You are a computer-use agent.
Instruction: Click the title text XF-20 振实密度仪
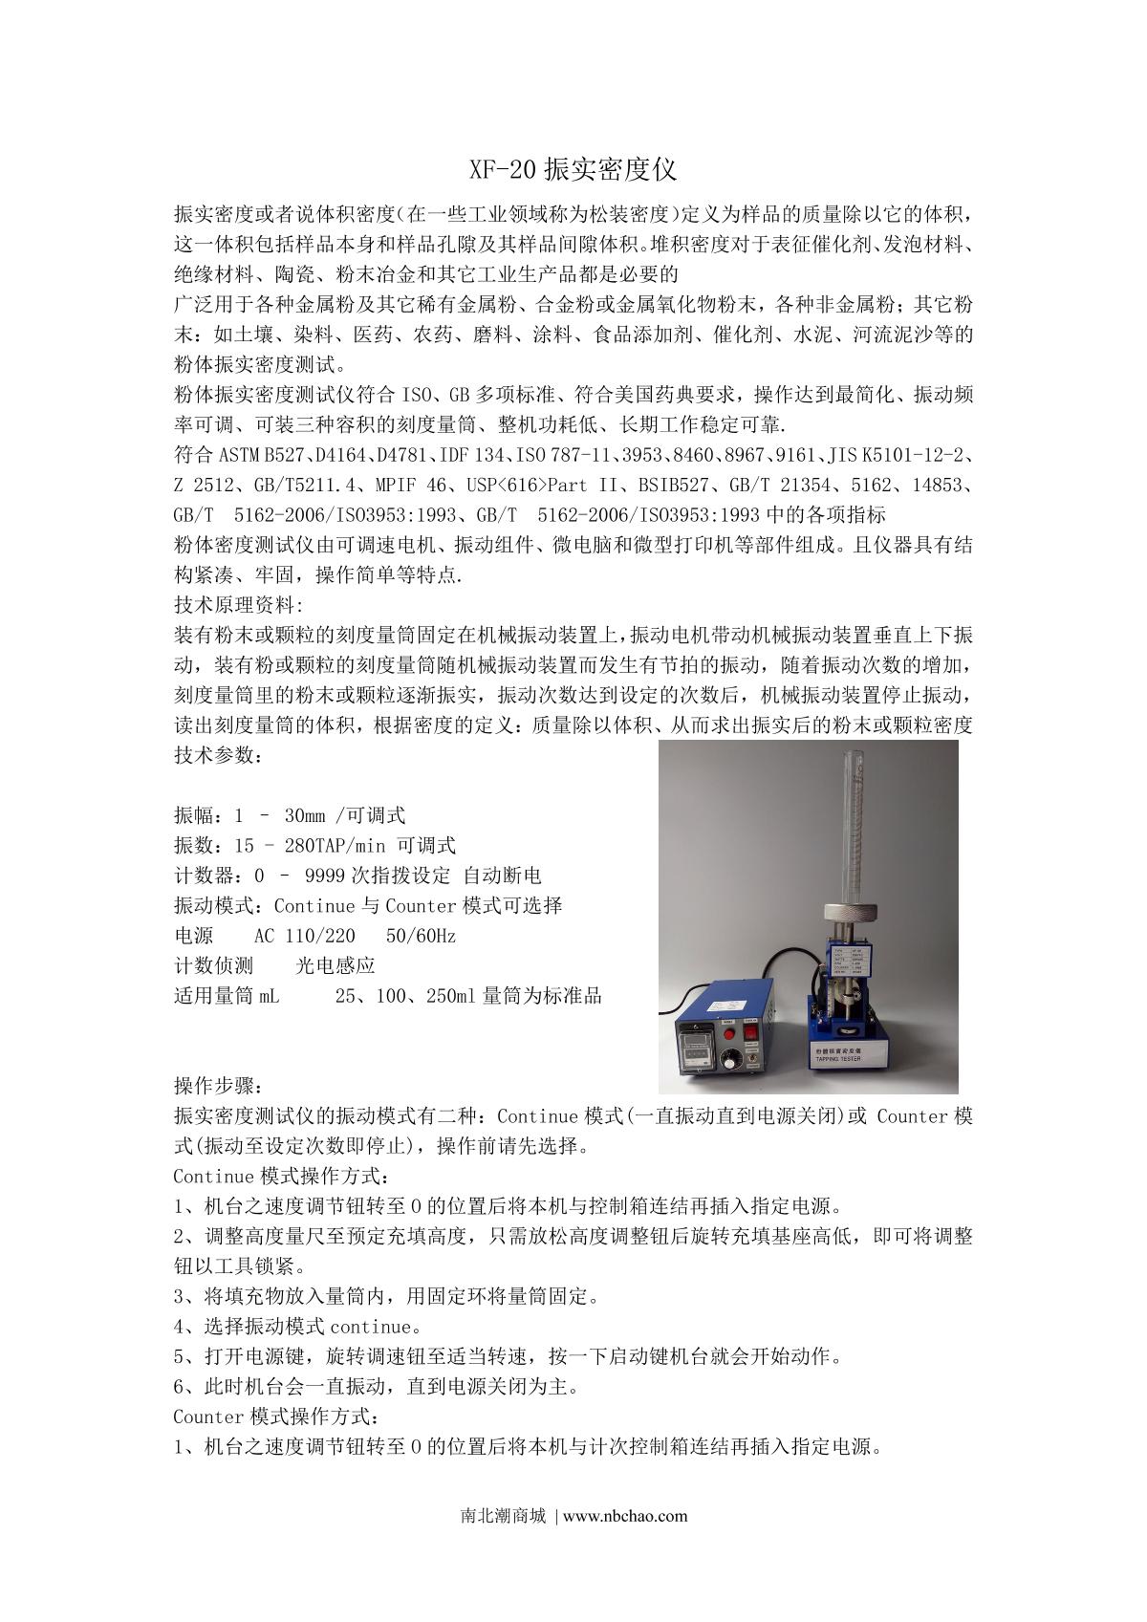coord(573,170)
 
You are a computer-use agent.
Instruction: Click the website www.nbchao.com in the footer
coord(626,1515)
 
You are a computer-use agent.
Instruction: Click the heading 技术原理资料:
coord(238,605)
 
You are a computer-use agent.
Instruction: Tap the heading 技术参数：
coord(216,754)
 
